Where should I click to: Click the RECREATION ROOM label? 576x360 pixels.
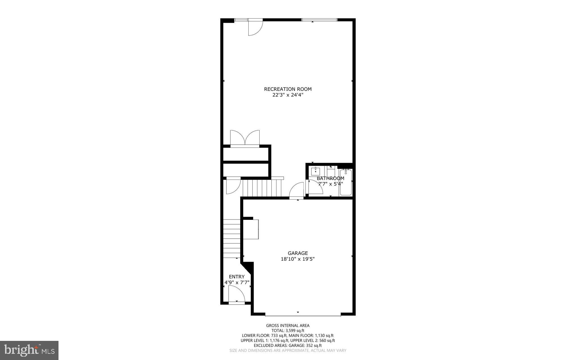click(x=288, y=89)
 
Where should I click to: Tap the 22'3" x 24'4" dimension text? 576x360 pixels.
click(x=288, y=95)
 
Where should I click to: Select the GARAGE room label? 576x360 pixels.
click(x=298, y=253)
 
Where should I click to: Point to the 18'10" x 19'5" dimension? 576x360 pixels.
click(x=298, y=259)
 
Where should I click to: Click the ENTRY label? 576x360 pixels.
click(x=237, y=276)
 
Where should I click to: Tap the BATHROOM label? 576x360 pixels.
click(x=330, y=178)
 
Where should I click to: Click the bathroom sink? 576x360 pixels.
click(x=316, y=171)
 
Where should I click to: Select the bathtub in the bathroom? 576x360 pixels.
click(x=346, y=182)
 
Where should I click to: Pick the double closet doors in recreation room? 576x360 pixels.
click(x=245, y=138)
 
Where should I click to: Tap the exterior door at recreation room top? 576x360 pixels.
click(x=255, y=28)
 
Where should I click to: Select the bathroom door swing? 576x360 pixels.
click(x=315, y=187)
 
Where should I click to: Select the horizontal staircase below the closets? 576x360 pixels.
click(x=262, y=188)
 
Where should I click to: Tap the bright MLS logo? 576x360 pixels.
click(x=29, y=350)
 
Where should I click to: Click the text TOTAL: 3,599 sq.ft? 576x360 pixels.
click(x=288, y=330)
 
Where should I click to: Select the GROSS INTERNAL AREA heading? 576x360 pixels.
click(x=288, y=325)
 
